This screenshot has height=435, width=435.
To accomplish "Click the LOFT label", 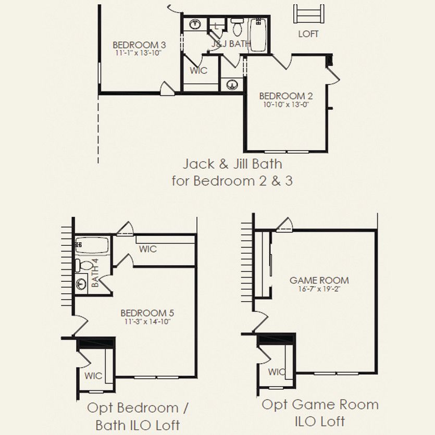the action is click(x=308, y=34).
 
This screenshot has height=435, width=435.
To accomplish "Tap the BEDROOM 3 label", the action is click(x=139, y=45).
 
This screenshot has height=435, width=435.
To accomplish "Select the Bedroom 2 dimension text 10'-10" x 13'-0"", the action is click(x=286, y=105).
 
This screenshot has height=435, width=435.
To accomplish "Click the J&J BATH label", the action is click(x=231, y=44).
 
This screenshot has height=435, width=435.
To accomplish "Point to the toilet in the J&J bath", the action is click(x=237, y=27).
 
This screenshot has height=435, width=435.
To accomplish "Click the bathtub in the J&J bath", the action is click(x=258, y=35).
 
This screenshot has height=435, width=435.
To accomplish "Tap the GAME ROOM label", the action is click(x=319, y=280).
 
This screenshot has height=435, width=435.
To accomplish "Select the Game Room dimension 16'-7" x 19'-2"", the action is click(x=319, y=289).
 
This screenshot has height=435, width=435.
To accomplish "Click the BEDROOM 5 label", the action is click(x=147, y=313).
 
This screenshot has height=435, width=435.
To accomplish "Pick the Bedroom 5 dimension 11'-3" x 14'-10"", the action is click(x=147, y=321).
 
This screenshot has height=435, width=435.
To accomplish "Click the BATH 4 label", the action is click(x=95, y=272).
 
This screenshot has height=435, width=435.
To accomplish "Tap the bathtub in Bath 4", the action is click(x=92, y=245).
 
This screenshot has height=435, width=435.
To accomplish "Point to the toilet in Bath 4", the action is click(x=84, y=265).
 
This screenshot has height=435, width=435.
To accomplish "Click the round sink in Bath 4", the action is click(x=81, y=284).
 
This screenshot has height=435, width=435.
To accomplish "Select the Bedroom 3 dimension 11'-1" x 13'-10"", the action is click(x=139, y=53).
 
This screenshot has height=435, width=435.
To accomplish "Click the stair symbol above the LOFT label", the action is click(x=309, y=14).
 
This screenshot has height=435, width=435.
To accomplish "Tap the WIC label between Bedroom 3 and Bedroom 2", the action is click(x=198, y=70).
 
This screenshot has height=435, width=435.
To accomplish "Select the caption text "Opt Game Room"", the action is click(x=320, y=404).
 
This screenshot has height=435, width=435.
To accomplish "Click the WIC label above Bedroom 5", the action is click(x=148, y=249).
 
